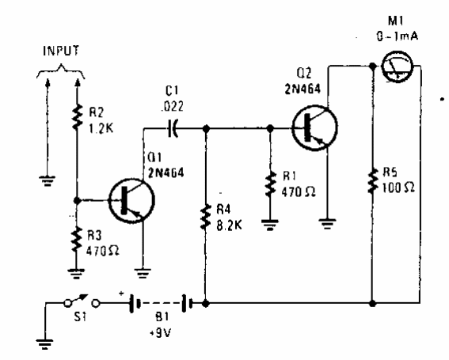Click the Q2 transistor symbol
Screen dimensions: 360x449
(314, 126)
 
